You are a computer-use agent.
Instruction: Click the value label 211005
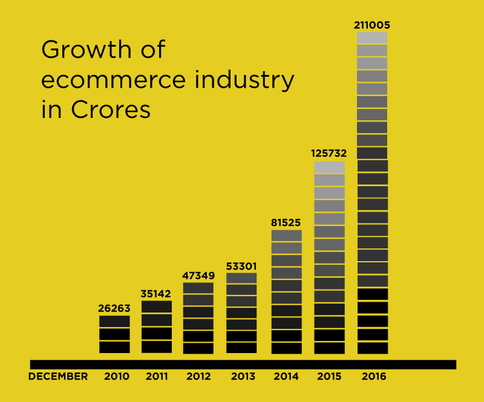372,25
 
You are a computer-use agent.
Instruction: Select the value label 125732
329,154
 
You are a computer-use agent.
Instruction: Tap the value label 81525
286,222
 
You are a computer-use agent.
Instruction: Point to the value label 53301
241,265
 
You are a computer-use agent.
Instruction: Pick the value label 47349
198,276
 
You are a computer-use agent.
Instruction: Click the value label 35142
157,294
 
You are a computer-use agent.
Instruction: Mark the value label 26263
114,308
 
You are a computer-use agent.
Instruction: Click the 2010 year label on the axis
117,376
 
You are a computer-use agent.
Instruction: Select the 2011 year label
157,376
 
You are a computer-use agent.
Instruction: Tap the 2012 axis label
198,376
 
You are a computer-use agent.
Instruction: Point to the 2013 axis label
243,376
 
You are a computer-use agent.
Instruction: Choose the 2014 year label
286,376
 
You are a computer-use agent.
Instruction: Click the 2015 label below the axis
329,376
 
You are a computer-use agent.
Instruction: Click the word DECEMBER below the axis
58,376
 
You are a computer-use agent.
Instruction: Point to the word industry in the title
249,80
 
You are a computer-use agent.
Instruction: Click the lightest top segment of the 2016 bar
372,38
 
